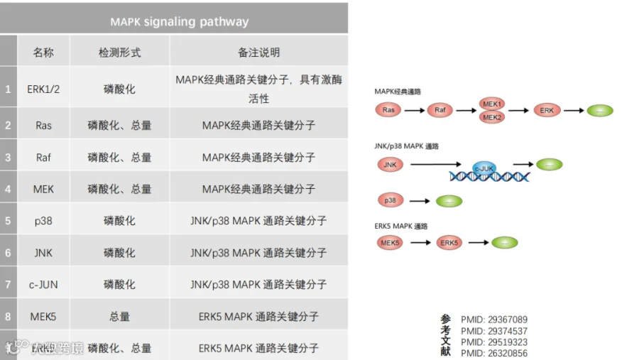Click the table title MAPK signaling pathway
coord(179,21)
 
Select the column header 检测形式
coord(119,53)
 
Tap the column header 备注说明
coord(258,53)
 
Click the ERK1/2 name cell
coord(43,89)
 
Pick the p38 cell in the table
coord(43,221)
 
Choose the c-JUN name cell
coord(43,285)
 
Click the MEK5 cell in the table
coord(43,317)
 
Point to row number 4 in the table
coord(9,189)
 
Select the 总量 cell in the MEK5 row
coord(119,317)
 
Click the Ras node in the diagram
coord(388,110)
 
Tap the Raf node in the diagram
coord(440,110)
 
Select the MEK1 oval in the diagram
coord(493,104)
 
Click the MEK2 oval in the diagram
coord(493,117)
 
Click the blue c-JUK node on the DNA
coord(486,168)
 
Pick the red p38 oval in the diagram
coord(390,201)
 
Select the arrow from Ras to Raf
coord(414,110)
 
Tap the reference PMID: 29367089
coord(494,320)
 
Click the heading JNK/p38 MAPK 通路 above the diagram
coord(407,146)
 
